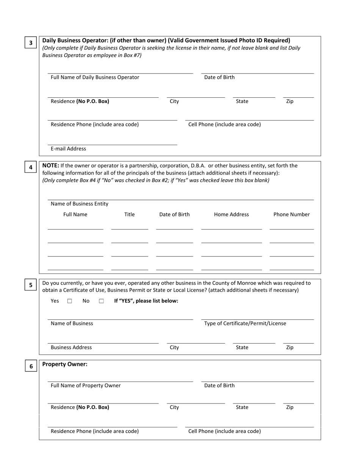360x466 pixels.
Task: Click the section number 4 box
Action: click(x=31, y=167)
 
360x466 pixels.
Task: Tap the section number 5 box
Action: click(x=31, y=285)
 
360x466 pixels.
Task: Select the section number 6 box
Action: click(x=31, y=366)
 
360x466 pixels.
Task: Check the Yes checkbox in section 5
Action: click(x=70, y=301)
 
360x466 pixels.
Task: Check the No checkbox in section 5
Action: click(x=101, y=301)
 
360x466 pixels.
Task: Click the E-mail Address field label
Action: click(x=68, y=149)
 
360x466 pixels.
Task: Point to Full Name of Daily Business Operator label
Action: click(x=95, y=77)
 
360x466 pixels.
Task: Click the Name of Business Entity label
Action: click(x=79, y=204)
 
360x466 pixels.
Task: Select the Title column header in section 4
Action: click(x=129, y=214)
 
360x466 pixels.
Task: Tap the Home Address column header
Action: click(x=231, y=214)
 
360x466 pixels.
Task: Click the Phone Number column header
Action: click(x=291, y=214)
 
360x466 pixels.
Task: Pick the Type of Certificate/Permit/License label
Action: click(x=245, y=324)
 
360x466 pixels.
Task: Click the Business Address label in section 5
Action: click(x=71, y=347)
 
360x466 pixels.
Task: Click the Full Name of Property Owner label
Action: click(x=86, y=386)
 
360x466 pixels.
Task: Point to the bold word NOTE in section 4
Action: click(x=50, y=166)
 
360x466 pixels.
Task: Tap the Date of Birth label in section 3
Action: click(x=219, y=77)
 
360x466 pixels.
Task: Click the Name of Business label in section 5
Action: click(x=72, y=324)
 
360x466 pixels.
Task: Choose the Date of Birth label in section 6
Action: click(x=219, y=386)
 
